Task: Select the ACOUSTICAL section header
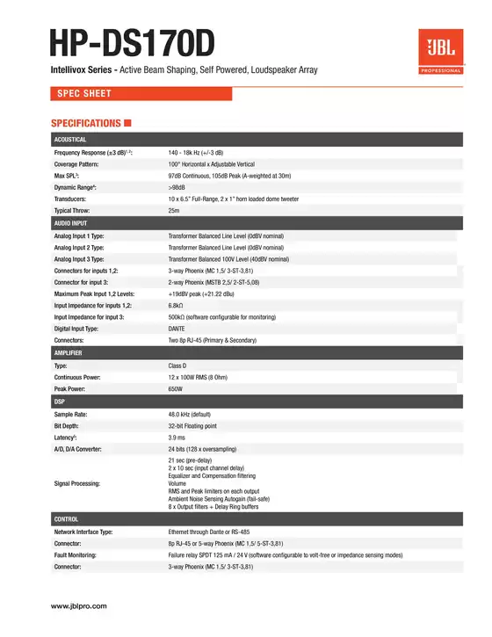(x=70, y=139)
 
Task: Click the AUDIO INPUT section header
(x=71, y=224)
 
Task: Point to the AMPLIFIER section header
(x=69, y=352)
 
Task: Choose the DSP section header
(x=60, y=401)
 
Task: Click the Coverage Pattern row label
(x=77, y=164)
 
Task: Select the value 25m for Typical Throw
(x=174, y=211)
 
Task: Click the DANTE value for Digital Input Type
(x=177, y=328)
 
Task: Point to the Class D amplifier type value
(x=177, y=365)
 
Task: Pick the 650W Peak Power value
(x=176, y=388)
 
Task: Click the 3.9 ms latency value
(x=177, y=437)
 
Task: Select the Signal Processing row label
(x=78, y=483)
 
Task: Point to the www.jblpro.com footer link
(x=79, y=606)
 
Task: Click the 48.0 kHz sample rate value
(x=187, y=413)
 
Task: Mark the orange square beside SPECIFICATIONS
(x=128, y=123)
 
